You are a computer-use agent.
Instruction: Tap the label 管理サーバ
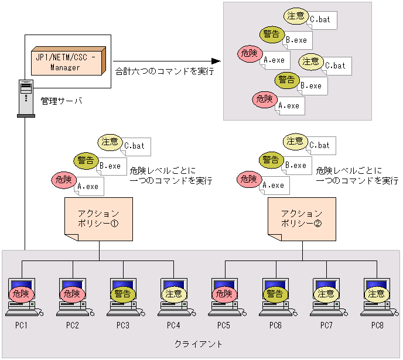click(x=61, y=101)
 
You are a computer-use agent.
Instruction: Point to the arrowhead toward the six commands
click(x=216, y=61)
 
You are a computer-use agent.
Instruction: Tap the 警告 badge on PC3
click(x=122, y=294)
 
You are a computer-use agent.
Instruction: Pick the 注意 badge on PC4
click(x=173, y=294)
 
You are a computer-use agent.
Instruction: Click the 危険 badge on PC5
click(x=224, y=294)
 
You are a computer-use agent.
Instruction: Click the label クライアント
click(x=199, y=344)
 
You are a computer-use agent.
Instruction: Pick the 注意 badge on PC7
click(x=326, y=294)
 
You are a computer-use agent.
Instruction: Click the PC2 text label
click(x=73, y=325)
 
